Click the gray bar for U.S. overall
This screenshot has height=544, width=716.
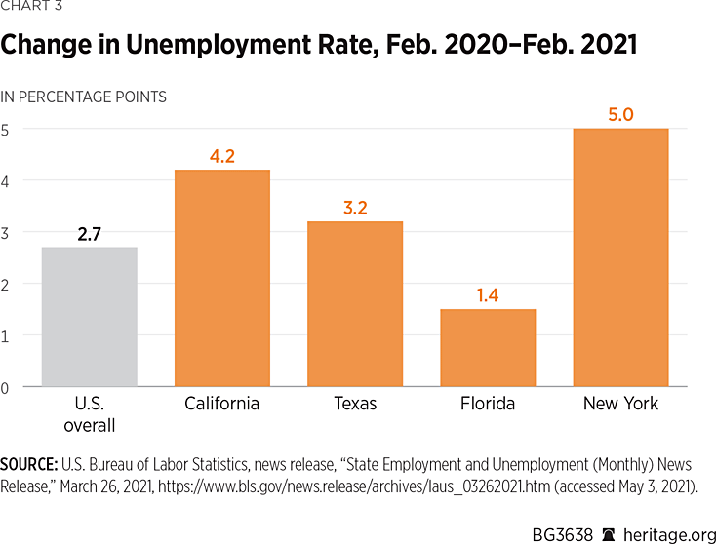click(89, 317)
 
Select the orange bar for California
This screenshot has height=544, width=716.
click(221, 278)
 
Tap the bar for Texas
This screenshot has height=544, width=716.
click(355, 304)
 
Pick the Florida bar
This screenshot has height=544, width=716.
click(488, 348)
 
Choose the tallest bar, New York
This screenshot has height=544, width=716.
click(620, 257)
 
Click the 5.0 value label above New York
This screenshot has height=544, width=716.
click(620, 114)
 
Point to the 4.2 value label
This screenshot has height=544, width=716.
click(221, 155)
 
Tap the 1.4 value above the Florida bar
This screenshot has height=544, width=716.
click(488, 294)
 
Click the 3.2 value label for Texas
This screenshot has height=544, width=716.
click(355, 207)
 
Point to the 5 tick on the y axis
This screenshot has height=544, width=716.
click(5, 129)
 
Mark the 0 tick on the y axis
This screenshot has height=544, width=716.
click(5, 387)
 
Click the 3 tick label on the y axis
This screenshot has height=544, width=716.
click(5, 232)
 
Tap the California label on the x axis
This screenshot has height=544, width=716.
click(221, 404)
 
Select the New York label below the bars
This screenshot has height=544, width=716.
click(620, 404)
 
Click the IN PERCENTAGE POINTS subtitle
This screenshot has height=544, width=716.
click(83, 97)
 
